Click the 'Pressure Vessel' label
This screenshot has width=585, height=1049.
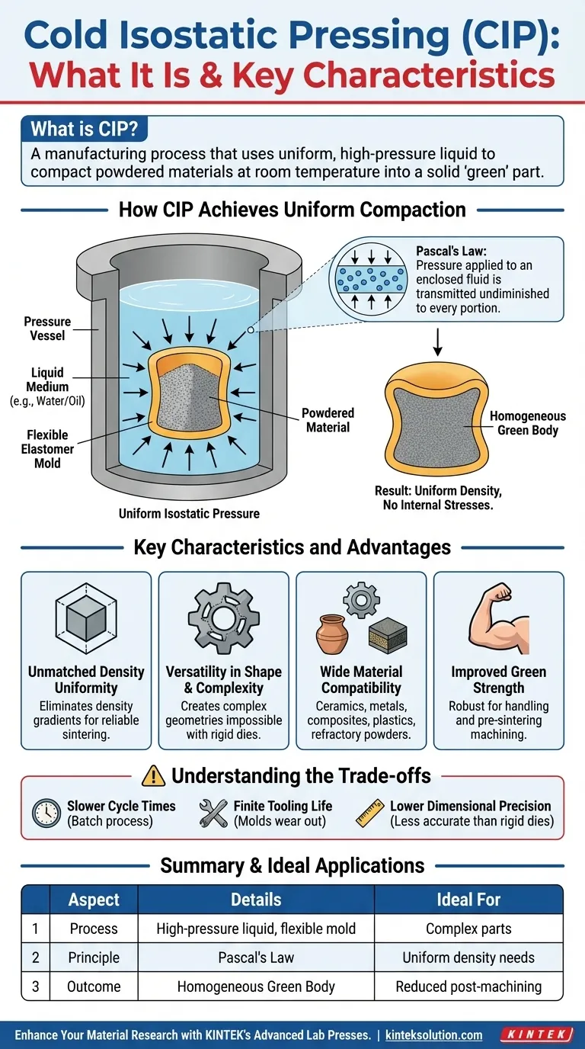[47, 329]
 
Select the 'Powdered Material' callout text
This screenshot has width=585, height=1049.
[328, 420]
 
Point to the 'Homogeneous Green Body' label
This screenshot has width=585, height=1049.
[527, 423]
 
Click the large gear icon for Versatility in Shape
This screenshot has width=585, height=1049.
[224, 619]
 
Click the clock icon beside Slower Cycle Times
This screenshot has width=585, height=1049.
[46, 813]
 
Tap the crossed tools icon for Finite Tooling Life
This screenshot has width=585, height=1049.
[213, 813]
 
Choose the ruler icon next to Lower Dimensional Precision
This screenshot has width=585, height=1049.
[371, 813]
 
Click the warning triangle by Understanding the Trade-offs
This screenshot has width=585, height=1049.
[153, 776]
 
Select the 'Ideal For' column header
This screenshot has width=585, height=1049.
[468, 900]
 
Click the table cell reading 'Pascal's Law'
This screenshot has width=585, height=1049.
[256, 958]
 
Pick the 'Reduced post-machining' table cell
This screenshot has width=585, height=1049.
[468, 986]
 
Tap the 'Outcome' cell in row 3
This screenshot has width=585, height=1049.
[94, 986]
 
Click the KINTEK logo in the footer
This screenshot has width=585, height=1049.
[536, 1035]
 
